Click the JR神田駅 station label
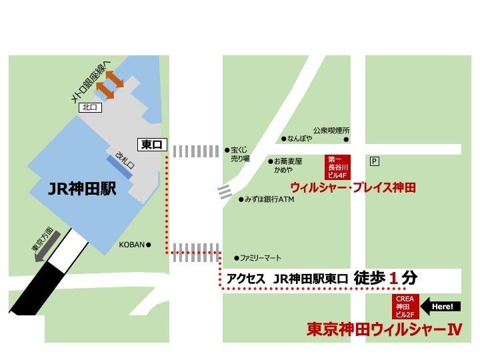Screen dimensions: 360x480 83,189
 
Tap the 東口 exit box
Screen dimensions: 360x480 151,144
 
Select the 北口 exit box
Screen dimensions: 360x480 89,107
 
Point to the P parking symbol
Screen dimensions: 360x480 374,161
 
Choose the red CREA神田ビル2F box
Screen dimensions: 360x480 405,306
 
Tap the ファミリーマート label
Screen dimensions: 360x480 261,258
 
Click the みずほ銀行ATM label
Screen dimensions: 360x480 269,199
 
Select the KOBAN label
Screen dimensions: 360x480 131,245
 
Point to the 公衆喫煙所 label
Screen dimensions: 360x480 331,131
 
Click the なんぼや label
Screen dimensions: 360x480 300,139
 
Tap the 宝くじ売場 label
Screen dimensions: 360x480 240,155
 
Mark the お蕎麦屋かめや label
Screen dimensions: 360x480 288,165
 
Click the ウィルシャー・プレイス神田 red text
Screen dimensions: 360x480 353,188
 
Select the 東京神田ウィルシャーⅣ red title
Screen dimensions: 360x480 384,329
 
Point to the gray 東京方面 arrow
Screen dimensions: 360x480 47,245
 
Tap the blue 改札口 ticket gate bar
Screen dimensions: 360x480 121,167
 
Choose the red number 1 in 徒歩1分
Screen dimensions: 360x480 393,277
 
